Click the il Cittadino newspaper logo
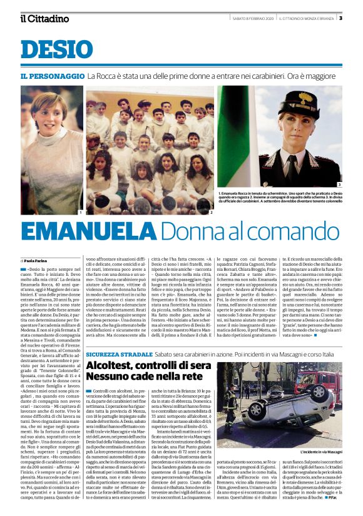(44, 18)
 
